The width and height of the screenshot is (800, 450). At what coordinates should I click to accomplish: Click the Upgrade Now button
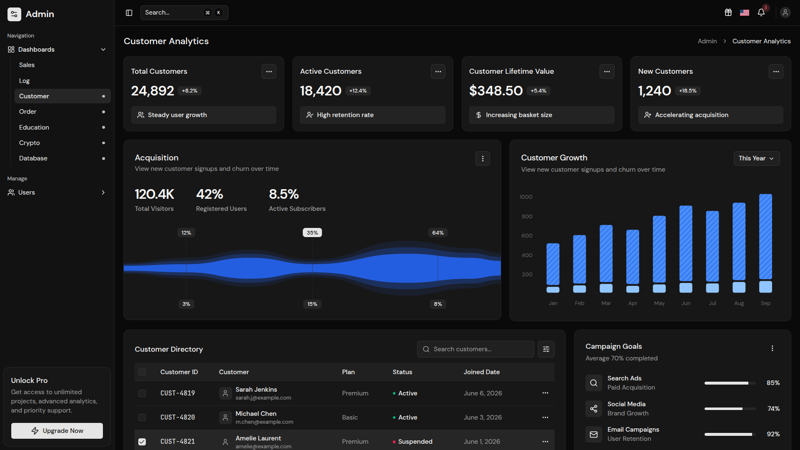point(57,431)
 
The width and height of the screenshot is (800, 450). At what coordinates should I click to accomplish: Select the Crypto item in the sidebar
point(30,143)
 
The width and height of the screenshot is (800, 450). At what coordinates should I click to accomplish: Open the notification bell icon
point(761,12)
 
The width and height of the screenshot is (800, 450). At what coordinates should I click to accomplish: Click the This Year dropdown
point(756,158)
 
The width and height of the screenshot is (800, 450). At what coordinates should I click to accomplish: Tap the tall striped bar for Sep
point(765,236)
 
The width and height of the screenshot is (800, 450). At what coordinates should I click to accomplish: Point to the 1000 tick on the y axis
point(526,197)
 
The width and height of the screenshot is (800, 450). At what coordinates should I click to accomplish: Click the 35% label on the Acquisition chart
point(312,233)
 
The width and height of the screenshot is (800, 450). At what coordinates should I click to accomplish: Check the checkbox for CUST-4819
point(142,393)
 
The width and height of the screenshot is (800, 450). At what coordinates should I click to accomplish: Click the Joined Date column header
point(482,372)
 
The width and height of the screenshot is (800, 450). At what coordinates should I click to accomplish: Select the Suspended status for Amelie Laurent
point(415,442)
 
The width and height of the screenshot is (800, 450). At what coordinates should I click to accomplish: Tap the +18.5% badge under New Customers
point(687,91)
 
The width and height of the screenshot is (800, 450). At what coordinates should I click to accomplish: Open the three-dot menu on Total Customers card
point(269,72)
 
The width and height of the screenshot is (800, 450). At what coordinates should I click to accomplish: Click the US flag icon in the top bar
point(745,12)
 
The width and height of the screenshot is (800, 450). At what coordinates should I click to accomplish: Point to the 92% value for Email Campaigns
point(773,434)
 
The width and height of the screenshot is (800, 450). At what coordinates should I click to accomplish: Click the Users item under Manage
point(27,192)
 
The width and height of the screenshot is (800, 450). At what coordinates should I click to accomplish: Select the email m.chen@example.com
point(264,422)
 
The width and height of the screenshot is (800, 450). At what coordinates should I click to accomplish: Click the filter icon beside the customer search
point(546,349)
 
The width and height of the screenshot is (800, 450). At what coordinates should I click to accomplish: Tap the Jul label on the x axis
point(712,303)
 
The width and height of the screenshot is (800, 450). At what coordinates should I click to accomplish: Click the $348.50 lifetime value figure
point(496,91)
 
